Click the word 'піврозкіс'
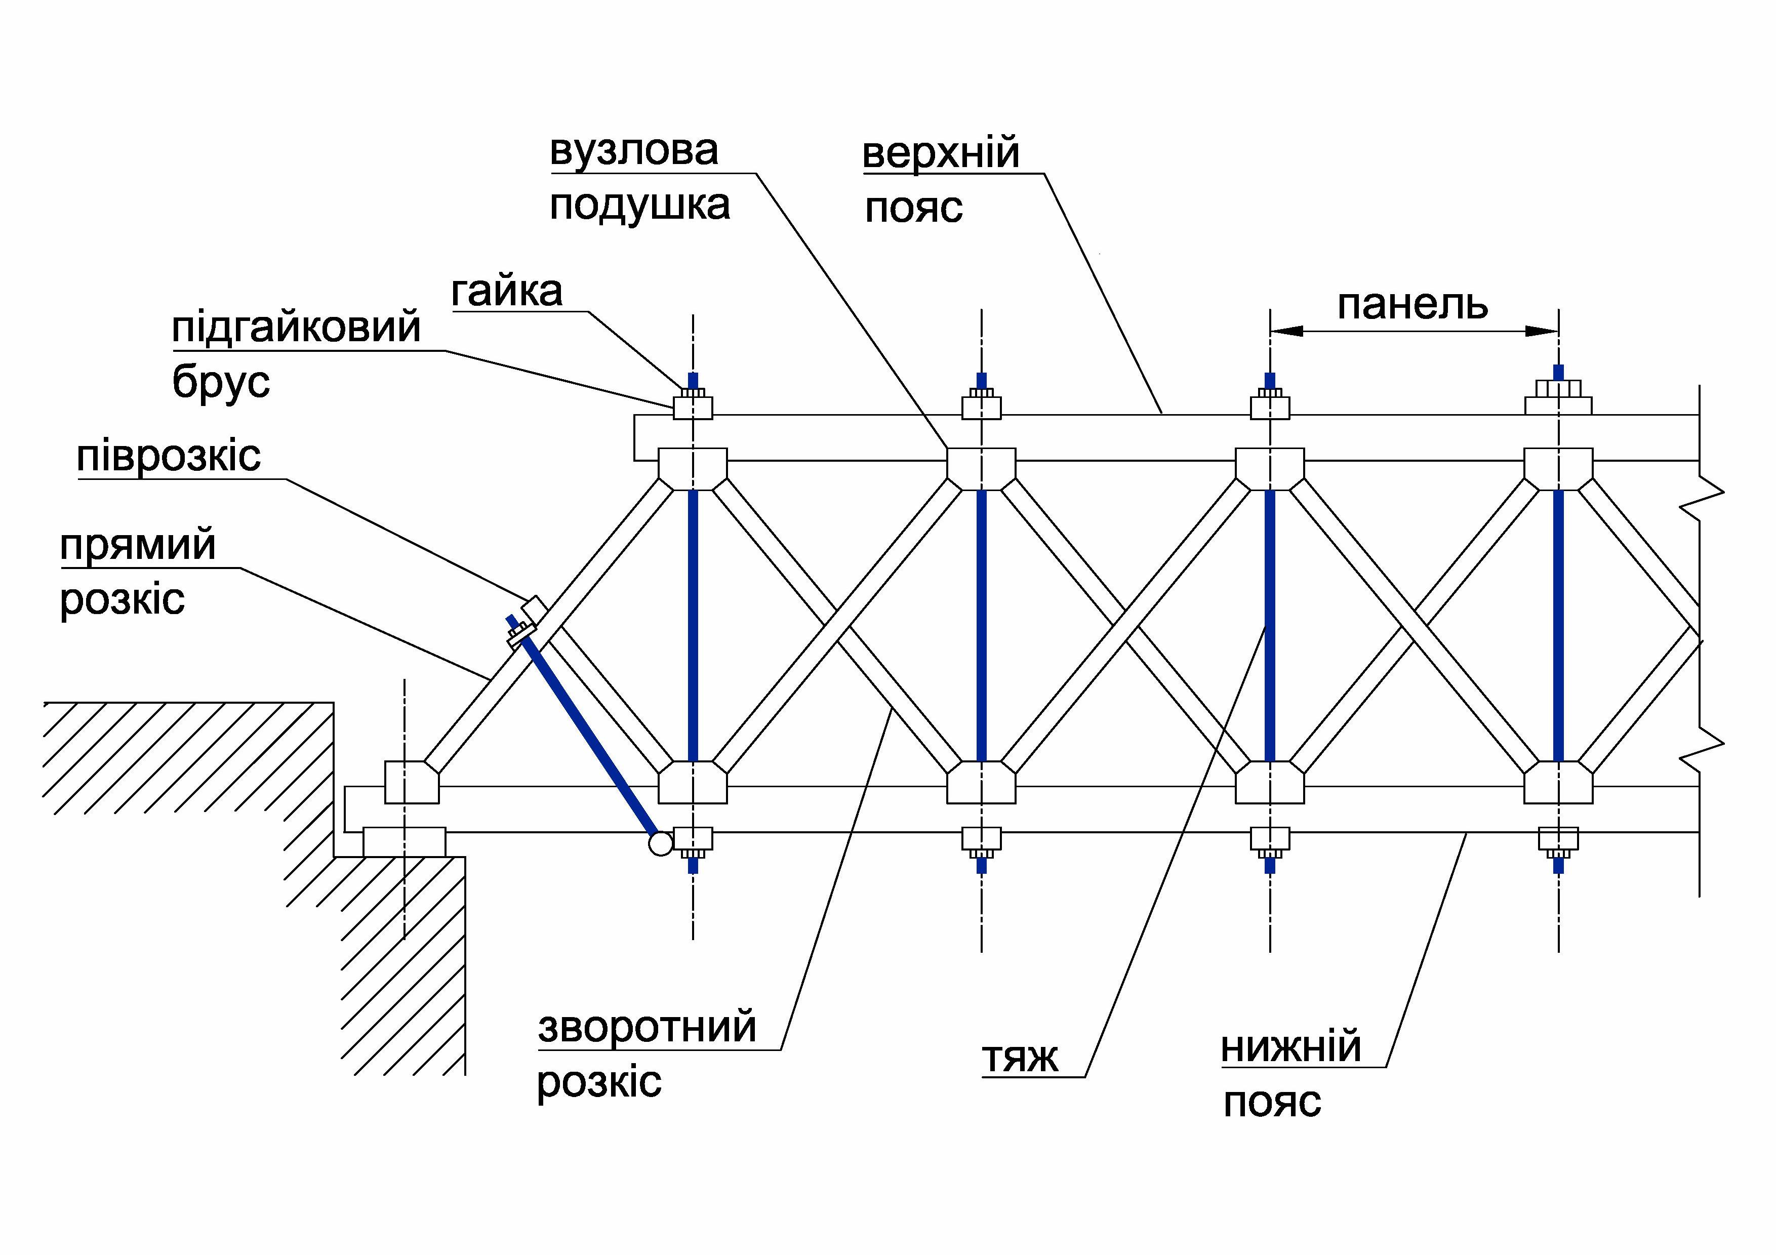(168, 456)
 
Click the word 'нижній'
(1290, 1048)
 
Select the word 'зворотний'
(647, 1028)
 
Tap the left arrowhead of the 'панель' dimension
(1285, 331)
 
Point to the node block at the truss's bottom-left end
(412, 781)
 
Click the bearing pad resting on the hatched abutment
(404, 841)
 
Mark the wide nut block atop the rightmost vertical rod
(1558, 398)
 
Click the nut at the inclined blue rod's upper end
(517, 636)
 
